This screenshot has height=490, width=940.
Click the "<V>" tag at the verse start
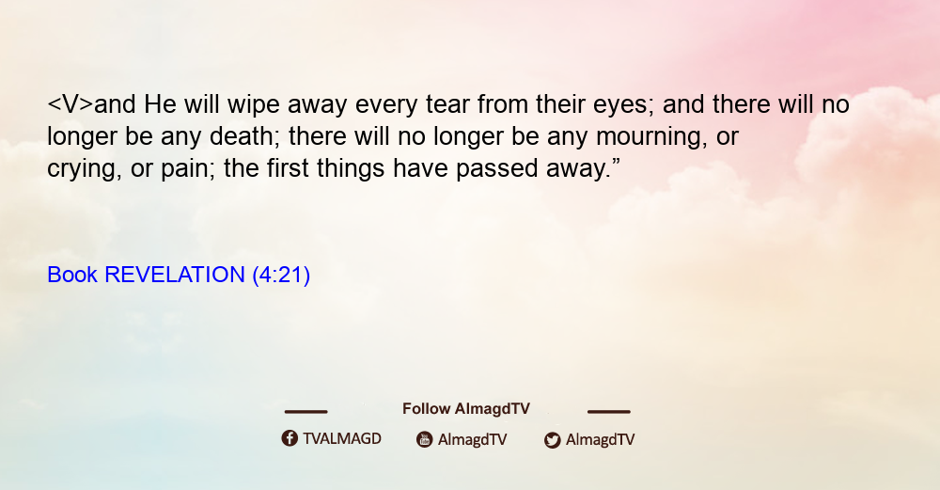[70, 105]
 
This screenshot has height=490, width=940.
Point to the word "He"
[160, 105]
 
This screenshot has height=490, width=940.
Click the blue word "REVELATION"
[175, 275]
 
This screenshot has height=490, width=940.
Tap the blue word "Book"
[72, 275]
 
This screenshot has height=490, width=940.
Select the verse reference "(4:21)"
[281, 276]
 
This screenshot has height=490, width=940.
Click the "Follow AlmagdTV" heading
[466, 409]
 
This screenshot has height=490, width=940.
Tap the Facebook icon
[290, 438]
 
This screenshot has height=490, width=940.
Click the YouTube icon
[425, 439]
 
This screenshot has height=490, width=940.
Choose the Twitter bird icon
[553, 440]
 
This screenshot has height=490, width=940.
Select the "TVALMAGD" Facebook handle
[342, 439]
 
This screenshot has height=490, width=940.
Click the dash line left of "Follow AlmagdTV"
[305, 412]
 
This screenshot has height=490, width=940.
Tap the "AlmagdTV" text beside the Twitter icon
[600, 440]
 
